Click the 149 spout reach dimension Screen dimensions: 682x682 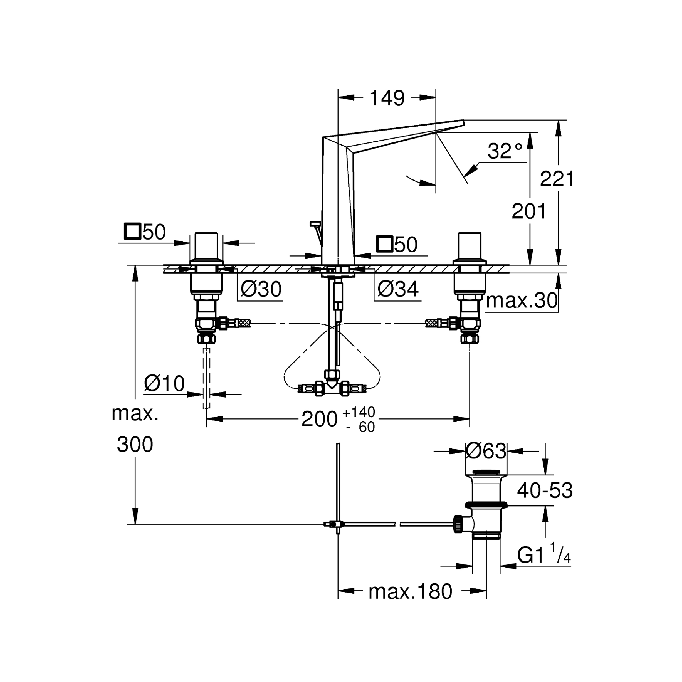[387, 98]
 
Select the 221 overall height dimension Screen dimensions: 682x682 [557, 179]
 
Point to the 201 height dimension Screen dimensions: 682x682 [529, 211]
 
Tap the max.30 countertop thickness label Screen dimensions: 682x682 [522, 301]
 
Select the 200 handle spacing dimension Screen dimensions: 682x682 [319, 419]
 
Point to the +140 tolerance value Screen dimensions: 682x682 [358, 412]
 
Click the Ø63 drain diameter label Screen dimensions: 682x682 [486, 451]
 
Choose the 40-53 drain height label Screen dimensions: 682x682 [545, 490]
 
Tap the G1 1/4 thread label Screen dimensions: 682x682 [543, 556]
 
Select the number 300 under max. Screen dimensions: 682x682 [135, 444]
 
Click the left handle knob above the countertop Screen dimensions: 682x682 [206, 246]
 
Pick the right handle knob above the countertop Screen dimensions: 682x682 [470, 246]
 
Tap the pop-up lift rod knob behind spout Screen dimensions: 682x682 [314, 224]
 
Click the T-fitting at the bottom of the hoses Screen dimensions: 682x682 [332, 389]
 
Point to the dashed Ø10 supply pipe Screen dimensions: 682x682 [206, 378]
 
